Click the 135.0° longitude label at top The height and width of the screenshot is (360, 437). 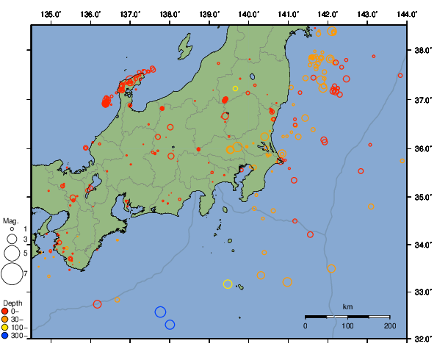pyautogui.click(x=51, y=14)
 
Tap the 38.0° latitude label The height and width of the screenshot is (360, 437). pyautogui.click(x=422, y=51)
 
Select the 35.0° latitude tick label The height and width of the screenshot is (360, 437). pyautogui.click(x=422, y=197)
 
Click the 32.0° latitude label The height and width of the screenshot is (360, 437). pyautogui.click(x=422, y=339)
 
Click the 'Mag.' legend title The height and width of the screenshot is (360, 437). pyautogui.click(x=10, y=220)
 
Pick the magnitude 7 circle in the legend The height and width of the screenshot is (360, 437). pyautogui.click(x=12, y=274)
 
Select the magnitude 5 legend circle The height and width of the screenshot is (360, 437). pyautogui.click(x=12, y=253)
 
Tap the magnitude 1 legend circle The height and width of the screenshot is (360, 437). pyautogui.click(x=12, y=230)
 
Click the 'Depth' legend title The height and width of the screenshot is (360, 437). pyautogui.click(x=12, y=303)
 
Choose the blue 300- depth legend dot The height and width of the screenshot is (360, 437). pyautogui.click(x=5, y=336)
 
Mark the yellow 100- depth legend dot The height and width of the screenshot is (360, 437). pyautogui.click(x=5, y=327)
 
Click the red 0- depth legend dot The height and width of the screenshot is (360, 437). pyautogui.click(x=5, y=311)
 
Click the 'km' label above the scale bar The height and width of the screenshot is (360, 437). pyautogui.click(x=347, y=306)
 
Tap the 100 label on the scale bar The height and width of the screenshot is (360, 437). pyautogui.click(x=347, y=325)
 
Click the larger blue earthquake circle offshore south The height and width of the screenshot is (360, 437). pyautogui.click(x=160, y=312)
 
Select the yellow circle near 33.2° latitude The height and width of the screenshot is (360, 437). pyautogui.click(x=228, y=284)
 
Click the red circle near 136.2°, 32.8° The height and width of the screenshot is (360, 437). pyautogui.click(x=97, y=304)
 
